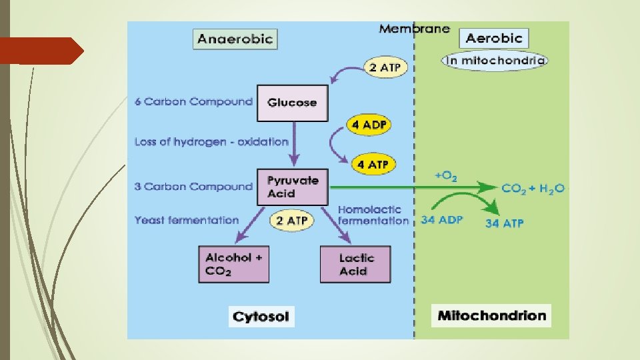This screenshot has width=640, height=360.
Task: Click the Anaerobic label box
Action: [235, 38]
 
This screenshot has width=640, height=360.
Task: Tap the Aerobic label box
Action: [494, 37]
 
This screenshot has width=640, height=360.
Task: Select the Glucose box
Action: [292, 103]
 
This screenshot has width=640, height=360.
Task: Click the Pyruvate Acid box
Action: [293, 187]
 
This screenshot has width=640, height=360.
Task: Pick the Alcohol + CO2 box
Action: [234, 264]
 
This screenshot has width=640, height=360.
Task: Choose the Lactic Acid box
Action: [355, 264]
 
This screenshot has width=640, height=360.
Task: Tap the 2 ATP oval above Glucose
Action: [386, 67]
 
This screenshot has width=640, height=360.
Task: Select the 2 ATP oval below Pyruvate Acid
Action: [291, 221]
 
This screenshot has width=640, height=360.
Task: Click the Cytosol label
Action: [261, 316]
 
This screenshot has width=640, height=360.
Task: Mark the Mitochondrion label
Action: [492, 315]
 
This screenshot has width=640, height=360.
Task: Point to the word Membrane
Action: [414, 29]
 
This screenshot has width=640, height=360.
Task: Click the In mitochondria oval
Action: [494, 61]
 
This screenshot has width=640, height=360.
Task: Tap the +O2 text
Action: [445, 177]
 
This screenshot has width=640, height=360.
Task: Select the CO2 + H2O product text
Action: [533, 189]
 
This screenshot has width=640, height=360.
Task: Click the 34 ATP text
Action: [504, 223]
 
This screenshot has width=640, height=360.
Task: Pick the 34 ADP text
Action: [441, 220]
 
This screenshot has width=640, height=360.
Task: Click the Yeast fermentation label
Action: [187, 220]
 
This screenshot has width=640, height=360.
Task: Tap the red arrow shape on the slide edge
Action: [41, 51]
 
